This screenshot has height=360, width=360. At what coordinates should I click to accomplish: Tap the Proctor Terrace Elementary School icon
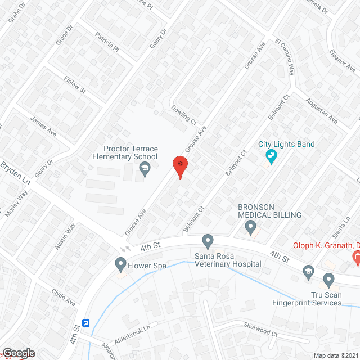click(x=145, y=168)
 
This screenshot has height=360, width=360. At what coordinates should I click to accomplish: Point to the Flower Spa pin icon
click(x=120, y=264)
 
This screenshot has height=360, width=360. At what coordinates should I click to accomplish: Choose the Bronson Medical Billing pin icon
click(x=251, y=227)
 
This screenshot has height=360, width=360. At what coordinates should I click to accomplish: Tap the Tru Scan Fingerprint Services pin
click(x=329, y=280)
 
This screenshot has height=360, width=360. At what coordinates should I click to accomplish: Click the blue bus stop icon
click(x=86, y=323)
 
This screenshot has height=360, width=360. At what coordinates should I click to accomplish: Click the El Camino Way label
click(x=285, y=57)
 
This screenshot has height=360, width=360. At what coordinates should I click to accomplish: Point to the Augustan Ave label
click(x=321, y=111)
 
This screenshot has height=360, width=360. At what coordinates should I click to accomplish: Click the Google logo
click(x=19, y=353)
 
